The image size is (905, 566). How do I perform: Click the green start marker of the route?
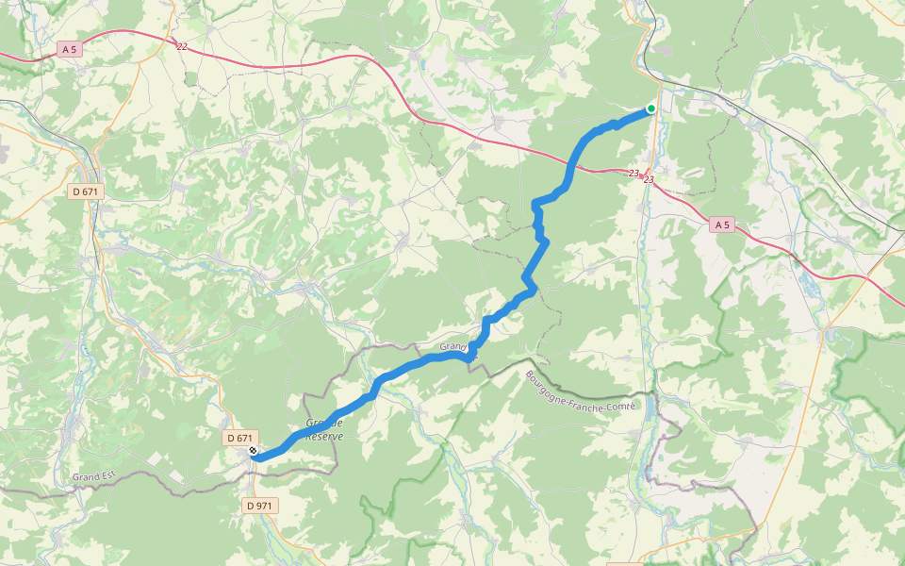(650, 108)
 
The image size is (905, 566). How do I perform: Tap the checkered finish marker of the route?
(253, 451)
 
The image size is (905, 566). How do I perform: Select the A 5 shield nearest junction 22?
(69, 47)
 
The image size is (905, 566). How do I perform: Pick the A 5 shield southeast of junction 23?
(722, 225)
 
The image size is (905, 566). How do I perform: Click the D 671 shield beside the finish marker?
(239, 438)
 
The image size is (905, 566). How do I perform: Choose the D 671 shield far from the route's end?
(86, 191)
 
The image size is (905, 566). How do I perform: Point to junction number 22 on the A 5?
(182, 44)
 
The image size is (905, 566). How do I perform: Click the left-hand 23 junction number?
(633, 174)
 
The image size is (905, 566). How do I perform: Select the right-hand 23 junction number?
(649, 179)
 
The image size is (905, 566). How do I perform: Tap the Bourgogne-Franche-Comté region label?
(582, 391)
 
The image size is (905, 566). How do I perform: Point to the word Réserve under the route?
(324, 437)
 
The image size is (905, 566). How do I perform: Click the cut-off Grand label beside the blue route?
(453, 347)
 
